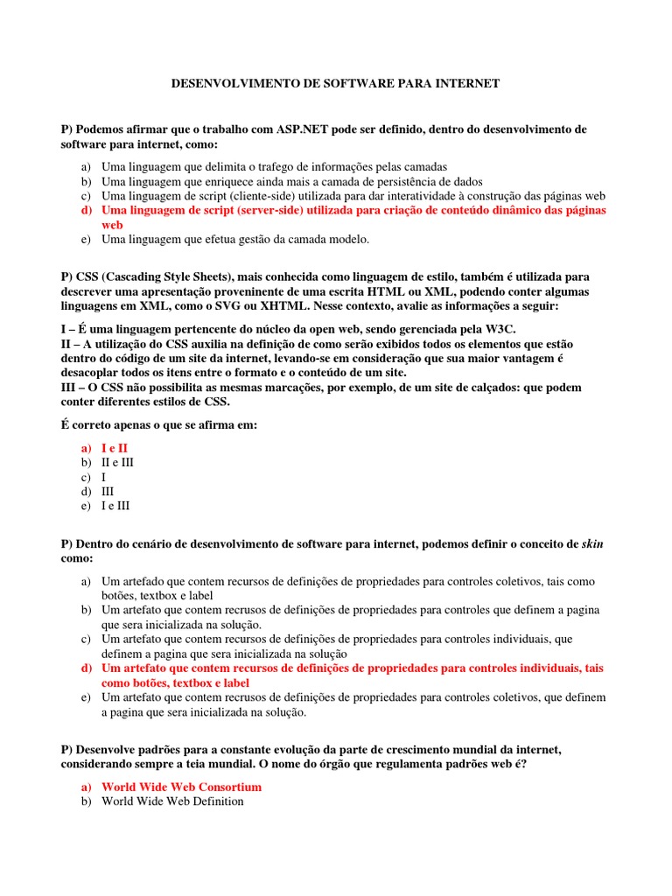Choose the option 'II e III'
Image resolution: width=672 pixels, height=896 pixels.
click(x=118, y=462)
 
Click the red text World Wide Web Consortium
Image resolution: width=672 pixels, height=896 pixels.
click(x=181, y=787)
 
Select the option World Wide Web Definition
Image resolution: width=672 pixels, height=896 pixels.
click(x=172, y=801)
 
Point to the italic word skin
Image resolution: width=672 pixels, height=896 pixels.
click(x=592, y=544)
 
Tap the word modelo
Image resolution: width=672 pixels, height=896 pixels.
click(x=349, y=239)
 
